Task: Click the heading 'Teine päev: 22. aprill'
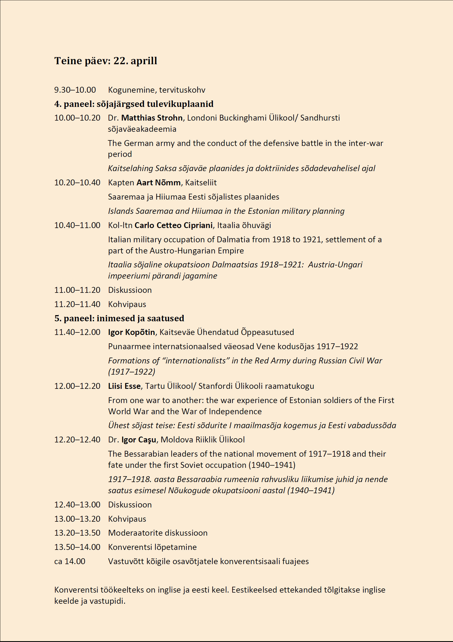point(106,61)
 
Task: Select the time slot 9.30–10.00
point(75,90)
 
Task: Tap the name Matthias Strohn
point(152,118)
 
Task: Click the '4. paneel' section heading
point(134,104)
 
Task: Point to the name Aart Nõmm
point(159,183)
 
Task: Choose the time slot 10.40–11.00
point(77,225)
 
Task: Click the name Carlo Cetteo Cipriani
point(173,225)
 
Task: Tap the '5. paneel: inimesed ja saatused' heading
point(119,318)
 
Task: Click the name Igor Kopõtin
point(131,332)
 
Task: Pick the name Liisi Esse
point(124,386)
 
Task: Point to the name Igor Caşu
point(139,440)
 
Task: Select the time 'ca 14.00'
point(69,561)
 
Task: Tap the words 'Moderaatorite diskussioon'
point(158,533)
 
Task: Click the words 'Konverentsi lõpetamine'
point(152,547)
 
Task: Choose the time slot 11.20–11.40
point(77,304)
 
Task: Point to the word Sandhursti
point(320,118)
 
